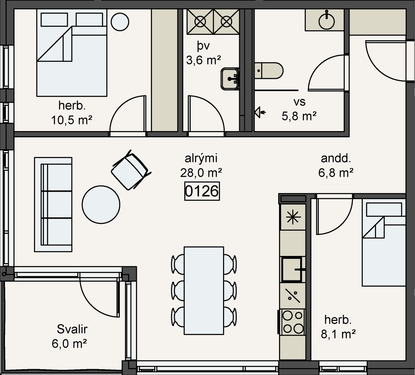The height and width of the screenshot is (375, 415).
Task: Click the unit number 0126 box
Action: (x=202, y=191)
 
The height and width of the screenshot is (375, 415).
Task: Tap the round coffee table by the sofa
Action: (x=101, y=205)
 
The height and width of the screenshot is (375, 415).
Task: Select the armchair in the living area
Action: (x=131, y=170)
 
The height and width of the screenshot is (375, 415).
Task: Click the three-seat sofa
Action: (x=53, y=205)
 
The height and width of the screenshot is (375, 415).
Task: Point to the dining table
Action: (x=204, y=290)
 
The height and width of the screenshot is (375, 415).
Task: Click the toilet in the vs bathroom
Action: (x=269, y=71)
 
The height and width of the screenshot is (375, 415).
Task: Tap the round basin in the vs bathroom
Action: (x=327, y=21)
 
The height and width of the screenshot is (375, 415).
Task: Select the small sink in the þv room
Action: (x=230, y=79)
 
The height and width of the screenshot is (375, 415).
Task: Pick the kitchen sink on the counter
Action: (x=292, y=269)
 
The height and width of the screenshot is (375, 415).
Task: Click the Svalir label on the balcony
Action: (x=72, y=329)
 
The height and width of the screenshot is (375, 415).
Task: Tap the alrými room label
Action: (x=201, y=158)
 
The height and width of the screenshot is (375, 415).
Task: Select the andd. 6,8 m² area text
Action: (x=336, y=166)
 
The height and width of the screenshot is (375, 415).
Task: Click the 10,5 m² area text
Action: (x=71, y=120)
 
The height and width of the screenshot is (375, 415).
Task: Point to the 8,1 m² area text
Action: (x=338, y=334)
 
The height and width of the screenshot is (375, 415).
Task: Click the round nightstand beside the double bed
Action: (x=120, y=22)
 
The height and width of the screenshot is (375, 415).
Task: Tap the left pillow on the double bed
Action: (x=54, y=19)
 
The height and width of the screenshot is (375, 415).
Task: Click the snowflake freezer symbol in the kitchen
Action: (x=293, y=217)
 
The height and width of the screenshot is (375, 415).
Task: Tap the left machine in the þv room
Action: (x=200, y=22)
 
